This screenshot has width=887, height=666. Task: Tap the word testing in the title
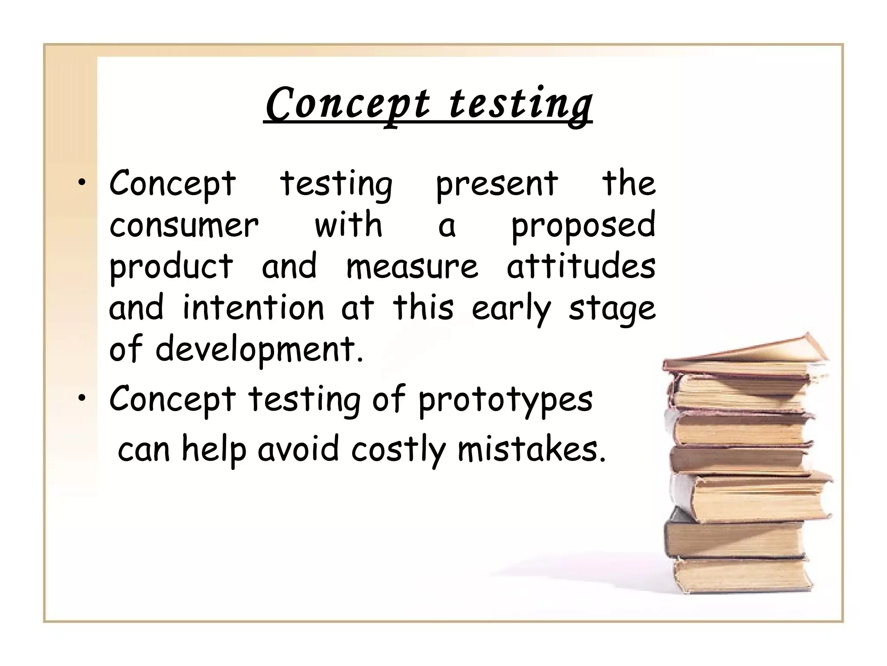click(x=520, y=104)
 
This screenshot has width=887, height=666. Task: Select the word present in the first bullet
click(x=496, y=185)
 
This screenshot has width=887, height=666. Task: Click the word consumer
click(x=184, y=225)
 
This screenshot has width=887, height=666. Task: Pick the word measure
click(x=412, y=266)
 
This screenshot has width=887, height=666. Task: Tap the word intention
click(x=253, y=307)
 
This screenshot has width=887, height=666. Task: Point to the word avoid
click(x=298, y=449)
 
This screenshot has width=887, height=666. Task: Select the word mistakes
click(x=531, y=449)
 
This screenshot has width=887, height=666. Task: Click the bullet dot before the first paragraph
click(x=81, y=184)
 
